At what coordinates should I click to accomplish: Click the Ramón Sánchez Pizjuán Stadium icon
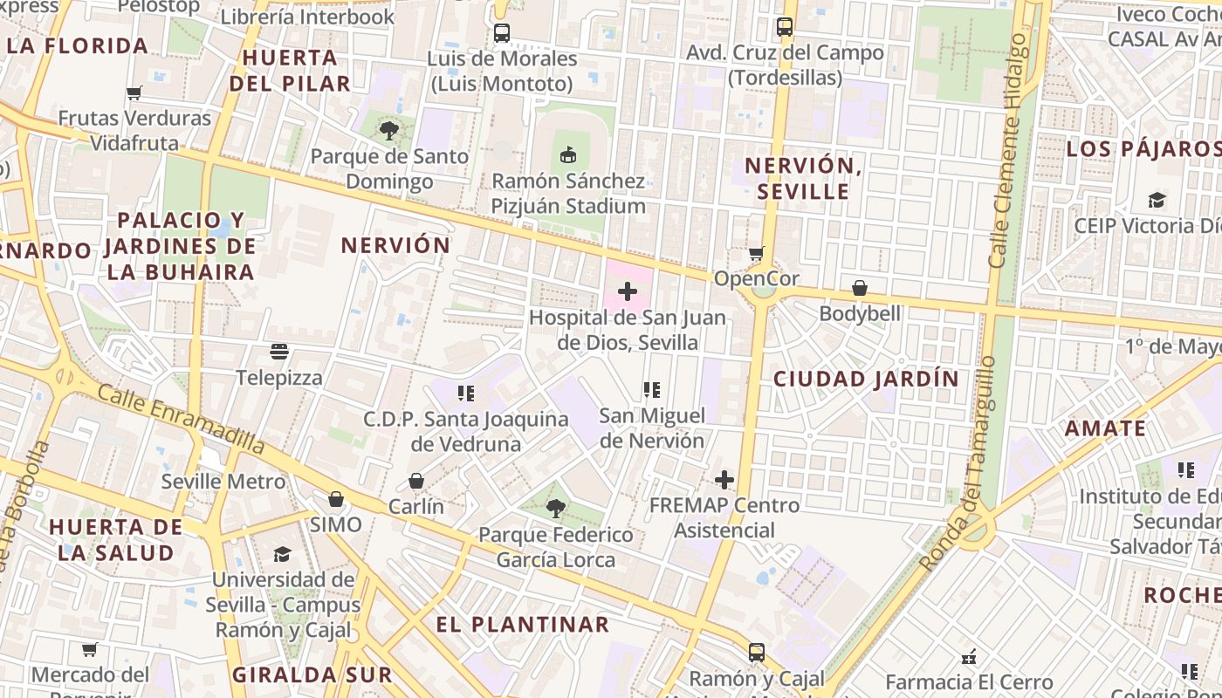[x=568, y=155]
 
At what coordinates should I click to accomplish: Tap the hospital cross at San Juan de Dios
[x=627, y=291]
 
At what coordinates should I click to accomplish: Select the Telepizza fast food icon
[x=279, y=352]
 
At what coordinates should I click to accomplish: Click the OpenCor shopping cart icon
[x=756, y=253]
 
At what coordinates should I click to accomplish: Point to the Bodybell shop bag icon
[x=860, y=287]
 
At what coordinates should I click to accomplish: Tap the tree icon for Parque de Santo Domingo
[x=389, y=131]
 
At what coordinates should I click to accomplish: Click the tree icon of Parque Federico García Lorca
[x=555, y=508]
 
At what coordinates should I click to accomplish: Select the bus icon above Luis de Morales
[x=501, y=33]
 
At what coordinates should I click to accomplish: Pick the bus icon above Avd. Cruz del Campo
[x=785, y=27]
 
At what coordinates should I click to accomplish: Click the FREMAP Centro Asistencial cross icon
[x=724, y=479]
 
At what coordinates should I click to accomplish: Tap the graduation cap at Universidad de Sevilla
[x=282, y=554]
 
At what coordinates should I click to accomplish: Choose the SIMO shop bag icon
[x=335, y=499]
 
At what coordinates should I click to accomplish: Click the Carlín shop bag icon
[x=416, y=481]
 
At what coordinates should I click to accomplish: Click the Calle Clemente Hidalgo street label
[x=1009, y=150]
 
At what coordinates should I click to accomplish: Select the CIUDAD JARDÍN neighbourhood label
[x=866, y=379]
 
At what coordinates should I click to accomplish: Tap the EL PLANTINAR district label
[x=522, y=624]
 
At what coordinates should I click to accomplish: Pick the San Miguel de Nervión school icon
[x=651, y=390]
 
